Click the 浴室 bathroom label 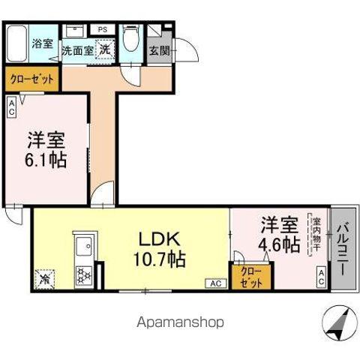pyautogui.click(x=42, y=43)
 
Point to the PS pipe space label pyautogui.click(x=102, y=29)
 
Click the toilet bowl pyautogui.click(x=131, y=39)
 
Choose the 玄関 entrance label pyautogui.click(x=159, y=52)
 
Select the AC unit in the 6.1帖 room pyautogui.click(x=12, y=106)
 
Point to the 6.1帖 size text pyautogui.click(x=46, y=160)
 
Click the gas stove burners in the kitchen pyautogui.click(x=84, y=274)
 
